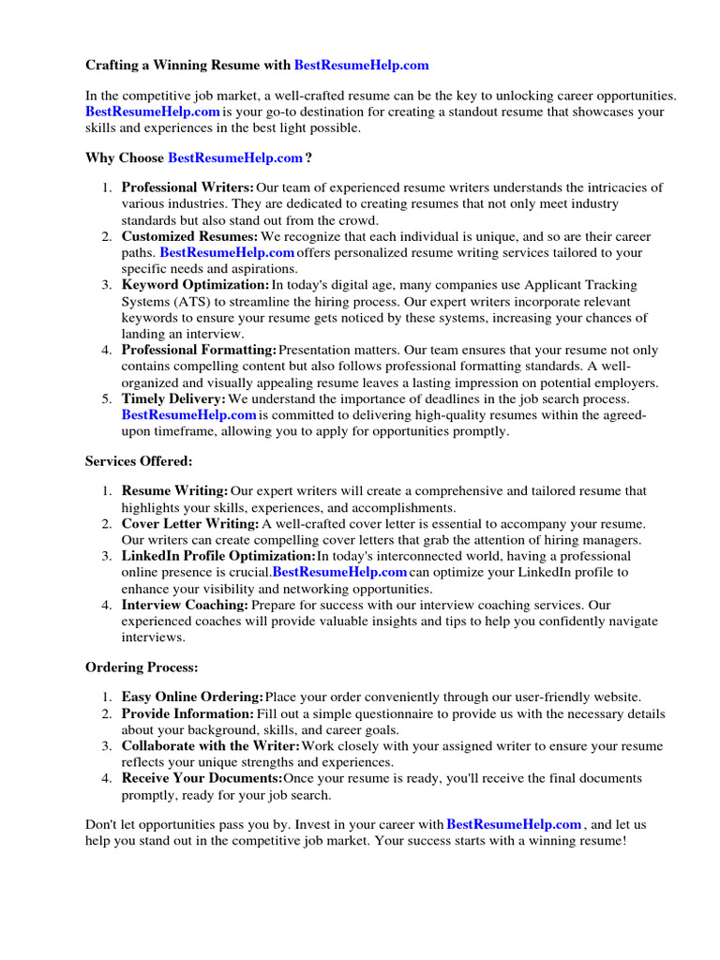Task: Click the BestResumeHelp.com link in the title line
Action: [x=361, y=65]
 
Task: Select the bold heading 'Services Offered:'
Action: [x=139, y=460]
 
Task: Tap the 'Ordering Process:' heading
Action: [x=142, y=667]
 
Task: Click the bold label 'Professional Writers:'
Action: [x=187, y=187]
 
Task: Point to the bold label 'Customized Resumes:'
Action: [x=189, y=236]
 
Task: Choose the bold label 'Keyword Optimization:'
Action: [x=195, y=284]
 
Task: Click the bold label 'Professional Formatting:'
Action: [x=199, y=350]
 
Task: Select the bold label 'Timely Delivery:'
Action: [x=174, y=398]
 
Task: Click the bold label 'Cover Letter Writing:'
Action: [x=190, y=523]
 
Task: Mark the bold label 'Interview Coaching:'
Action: [x=185, y=605]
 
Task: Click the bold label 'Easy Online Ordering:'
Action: [x=192, y=697]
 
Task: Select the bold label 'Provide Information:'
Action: [x=187, y=713]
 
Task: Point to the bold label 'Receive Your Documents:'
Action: [x=202, y=778]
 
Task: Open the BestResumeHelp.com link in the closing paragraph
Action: [x=514, y=824]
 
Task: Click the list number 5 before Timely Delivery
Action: [x=107, y=398]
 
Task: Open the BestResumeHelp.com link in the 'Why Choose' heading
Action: [x=235, y=157]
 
